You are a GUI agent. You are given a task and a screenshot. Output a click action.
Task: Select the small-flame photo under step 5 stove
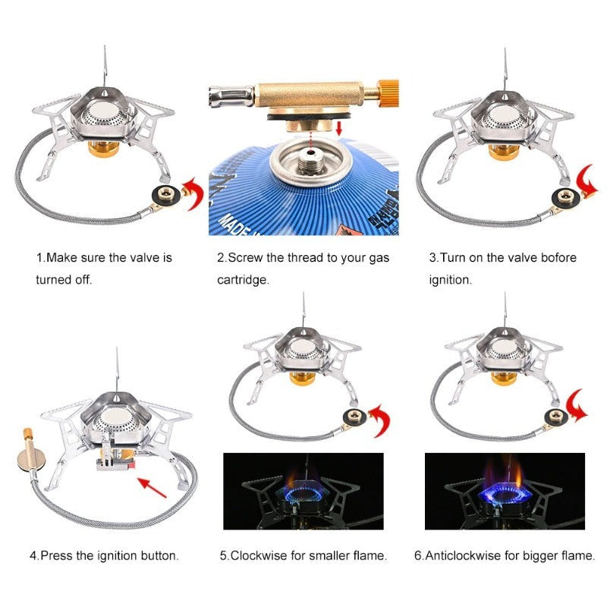[303, 491]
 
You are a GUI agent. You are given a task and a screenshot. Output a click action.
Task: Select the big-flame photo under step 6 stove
[505, 491]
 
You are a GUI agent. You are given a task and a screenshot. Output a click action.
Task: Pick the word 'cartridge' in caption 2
[243, 279]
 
